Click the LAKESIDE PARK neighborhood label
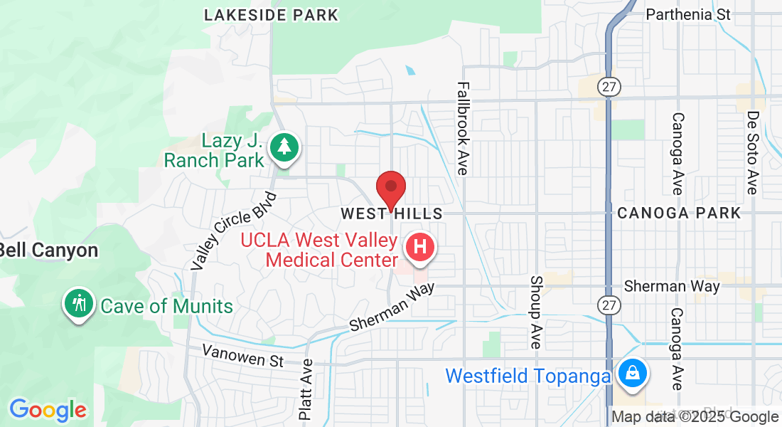point(271,15)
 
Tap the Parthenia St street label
point(688,14)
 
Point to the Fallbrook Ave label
point(463,128)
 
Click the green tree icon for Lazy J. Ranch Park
point(285,147)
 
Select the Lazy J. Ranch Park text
point(214,150)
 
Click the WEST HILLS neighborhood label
point(391,213)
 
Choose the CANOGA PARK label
point(679,213)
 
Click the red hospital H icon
point(419,247)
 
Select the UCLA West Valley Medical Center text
point(319,249)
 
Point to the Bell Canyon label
point(48,250)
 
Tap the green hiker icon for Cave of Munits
point(79,303)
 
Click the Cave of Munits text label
point(167,307)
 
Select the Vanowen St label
point(242,355)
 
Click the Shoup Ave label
point(536,312)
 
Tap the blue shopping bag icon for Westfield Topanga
point(631,372)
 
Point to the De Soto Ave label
point(752,152)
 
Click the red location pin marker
point(390,188)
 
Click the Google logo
point(48,410)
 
